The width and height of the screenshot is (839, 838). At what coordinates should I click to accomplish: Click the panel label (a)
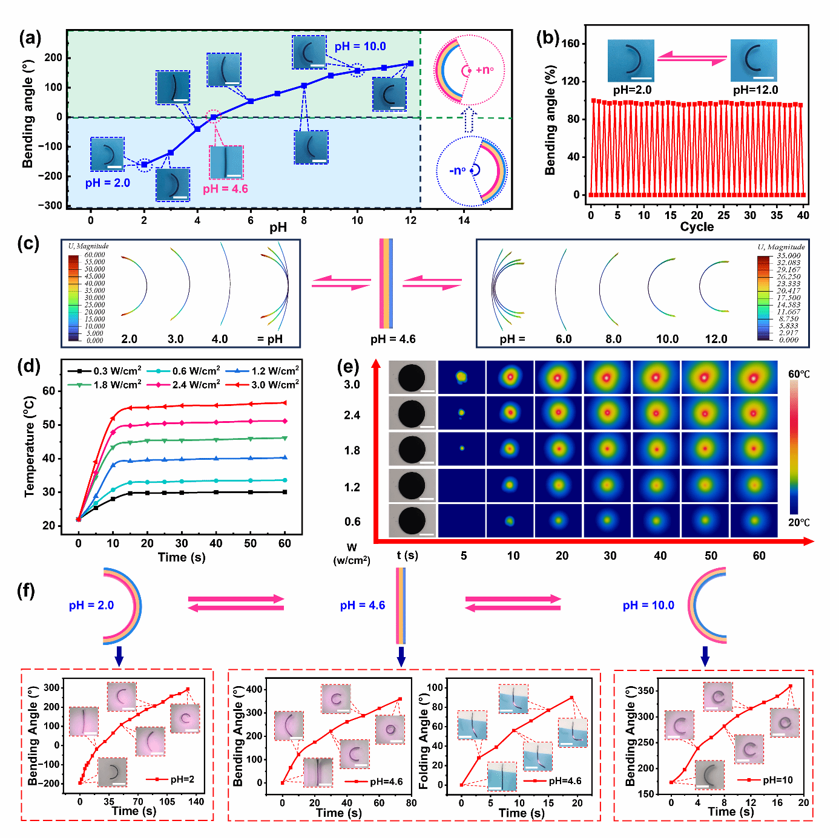pyautogui.click(x=30, y=39)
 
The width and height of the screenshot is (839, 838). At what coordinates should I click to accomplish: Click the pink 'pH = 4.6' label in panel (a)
pyautogui.click(x=225, y=189)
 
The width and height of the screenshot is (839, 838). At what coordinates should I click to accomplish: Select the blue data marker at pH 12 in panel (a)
pyautogui.click(x=410, y=64)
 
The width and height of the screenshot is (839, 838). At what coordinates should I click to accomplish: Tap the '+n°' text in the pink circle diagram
pyautogui.click(x=484, y=70)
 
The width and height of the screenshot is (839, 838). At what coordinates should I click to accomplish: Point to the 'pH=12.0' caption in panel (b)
pyautogui.click(x=755, y=90)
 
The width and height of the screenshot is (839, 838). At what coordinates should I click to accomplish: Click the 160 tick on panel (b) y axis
pyautogui.click(x=570, y=44)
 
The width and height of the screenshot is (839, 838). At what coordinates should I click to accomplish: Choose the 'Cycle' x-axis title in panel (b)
pyautogui.click(x=697, y=227)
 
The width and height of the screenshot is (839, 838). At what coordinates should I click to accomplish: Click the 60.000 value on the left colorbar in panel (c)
pyautogui.click(x=94, y=255)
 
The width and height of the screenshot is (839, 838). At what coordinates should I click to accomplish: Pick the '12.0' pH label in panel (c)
pyautogui.click(x=716, y=339)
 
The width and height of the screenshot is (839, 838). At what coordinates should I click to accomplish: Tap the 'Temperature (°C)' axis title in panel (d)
pyautogui.click(x=29, y=447)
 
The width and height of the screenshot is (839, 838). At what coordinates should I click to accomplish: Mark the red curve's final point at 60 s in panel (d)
pyautogui.click(x=285, y=403)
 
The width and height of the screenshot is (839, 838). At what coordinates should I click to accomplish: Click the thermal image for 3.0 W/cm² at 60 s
pyautogui.click(x=754, y=378)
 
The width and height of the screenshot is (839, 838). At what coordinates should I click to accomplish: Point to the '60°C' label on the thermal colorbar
pyautogui.click(x=798, y=375)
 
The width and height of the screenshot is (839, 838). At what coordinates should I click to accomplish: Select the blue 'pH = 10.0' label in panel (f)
pyautogui.click(x=648, y=606)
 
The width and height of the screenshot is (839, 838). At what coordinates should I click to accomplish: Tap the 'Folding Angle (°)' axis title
pyautogui.click(x=424, y=736)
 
